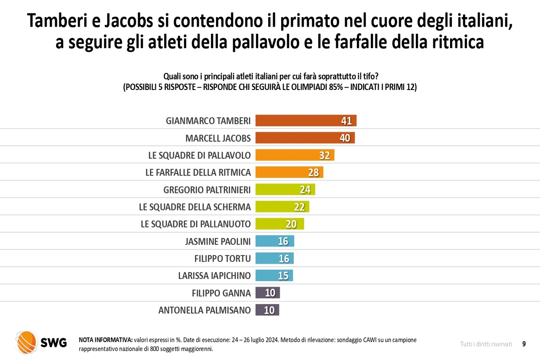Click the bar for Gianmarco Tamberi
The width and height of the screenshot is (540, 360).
coord(306,121)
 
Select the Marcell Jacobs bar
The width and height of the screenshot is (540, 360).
coord(305,138)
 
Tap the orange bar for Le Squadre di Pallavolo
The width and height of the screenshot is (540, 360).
coord(295,155)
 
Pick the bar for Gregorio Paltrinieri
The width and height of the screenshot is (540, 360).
coord(285,189)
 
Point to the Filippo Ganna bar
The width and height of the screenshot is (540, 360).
coord(267,293)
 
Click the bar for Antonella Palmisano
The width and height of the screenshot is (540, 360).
coord(267,310)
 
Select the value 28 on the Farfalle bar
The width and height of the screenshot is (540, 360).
coord(314,172)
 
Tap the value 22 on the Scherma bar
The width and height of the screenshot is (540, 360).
coord(300,207)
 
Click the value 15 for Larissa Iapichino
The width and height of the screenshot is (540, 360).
coord(283,275)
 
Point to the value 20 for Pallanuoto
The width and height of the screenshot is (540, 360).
coord(291,224)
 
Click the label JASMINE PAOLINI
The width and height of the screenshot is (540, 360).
coord(218,241)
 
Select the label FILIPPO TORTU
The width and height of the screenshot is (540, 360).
coord(222,258)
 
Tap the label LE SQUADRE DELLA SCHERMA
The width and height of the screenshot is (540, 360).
coord(195,207)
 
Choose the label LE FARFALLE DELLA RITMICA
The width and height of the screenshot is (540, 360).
coord(198,172)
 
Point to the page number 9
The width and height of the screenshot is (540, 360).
coord(524,344)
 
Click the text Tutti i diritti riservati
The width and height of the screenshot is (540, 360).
coord(486,344)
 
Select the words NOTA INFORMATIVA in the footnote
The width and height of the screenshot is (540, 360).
coord(105,340)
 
